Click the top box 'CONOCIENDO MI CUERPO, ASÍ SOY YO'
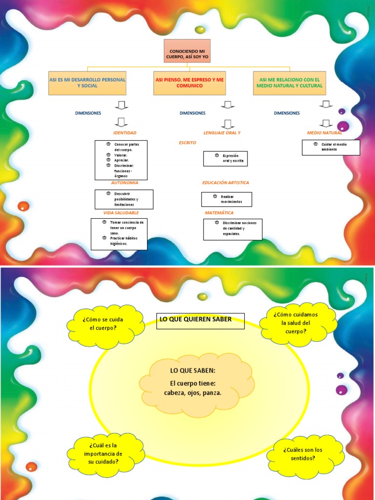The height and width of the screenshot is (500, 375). point(187,51)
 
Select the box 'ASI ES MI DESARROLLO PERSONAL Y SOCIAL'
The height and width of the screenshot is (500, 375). point(87,83)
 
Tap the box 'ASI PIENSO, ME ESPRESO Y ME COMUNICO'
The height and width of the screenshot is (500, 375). point(189,83)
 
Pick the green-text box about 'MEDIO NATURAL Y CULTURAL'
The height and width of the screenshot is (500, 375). point(290,83)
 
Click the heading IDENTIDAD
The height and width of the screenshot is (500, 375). point(125,133)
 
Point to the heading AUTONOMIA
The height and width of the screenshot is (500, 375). point(125,183)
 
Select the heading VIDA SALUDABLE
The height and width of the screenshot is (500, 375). point(121,213)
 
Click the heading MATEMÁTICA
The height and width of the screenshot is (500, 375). point(219,213)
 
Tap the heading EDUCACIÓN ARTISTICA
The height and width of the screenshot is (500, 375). point(226,183)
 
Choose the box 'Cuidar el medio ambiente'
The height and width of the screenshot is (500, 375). point(331,147)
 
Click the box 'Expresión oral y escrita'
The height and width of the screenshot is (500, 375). point(225,158)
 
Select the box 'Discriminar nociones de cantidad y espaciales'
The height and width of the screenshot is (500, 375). point(232,229)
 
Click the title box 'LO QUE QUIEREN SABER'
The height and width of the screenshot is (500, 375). point(200,320)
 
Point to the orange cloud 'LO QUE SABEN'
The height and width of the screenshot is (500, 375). point(196,382)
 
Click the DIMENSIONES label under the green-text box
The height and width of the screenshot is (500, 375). point(287,113)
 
